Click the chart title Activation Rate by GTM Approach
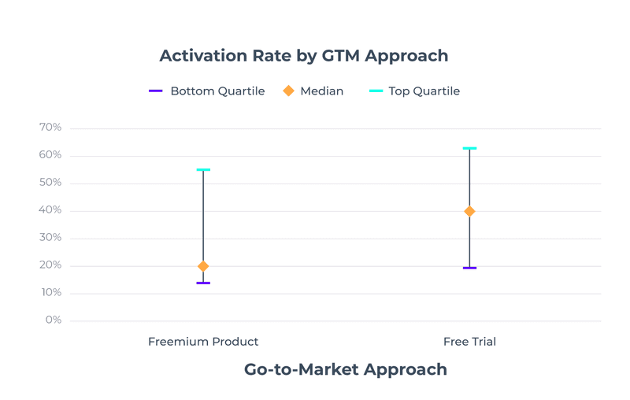303,56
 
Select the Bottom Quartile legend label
217,91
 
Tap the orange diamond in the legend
288,91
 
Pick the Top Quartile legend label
424,91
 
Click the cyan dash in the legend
376,91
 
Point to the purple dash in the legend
156,91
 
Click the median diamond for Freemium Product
203,266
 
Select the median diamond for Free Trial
469,211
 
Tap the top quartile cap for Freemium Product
203,169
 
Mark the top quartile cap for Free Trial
469,148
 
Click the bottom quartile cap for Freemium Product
203,283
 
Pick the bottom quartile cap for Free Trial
469,268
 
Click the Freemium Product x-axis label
203,342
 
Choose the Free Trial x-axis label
469,342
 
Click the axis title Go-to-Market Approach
345,369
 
